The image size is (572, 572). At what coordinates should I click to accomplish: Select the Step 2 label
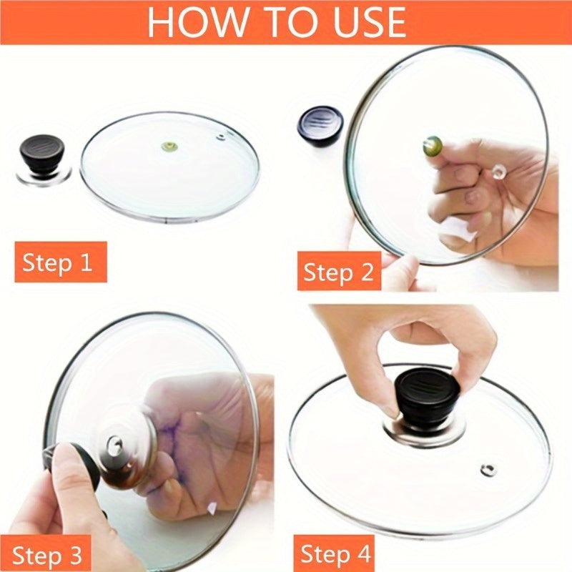point(338,272)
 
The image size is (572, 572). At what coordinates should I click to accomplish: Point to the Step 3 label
point(46,555)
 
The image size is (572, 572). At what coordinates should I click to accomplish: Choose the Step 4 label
point(335,554)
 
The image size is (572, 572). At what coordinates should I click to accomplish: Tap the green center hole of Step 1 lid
point(169,147)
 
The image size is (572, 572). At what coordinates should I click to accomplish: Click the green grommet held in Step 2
point(434,146)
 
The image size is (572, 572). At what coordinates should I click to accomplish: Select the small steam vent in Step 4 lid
point(488,469)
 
